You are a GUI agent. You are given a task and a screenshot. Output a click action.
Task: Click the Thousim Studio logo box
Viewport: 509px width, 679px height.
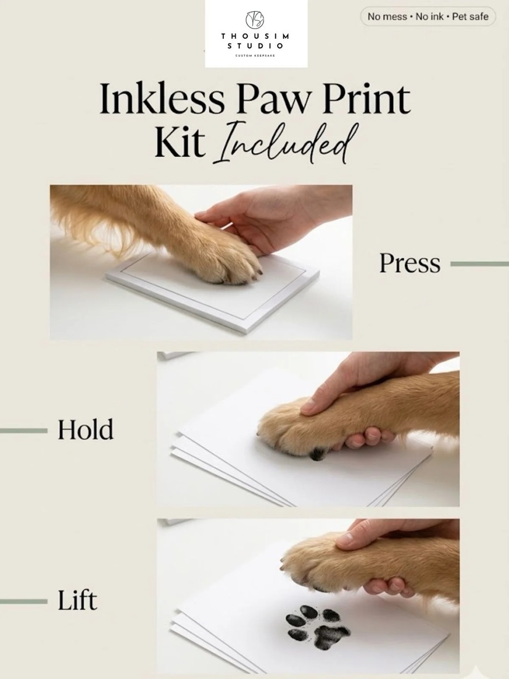pyautogui.click(x=256, y=34)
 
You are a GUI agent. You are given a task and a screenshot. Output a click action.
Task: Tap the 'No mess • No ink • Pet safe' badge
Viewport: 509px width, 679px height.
pyautogui.click(x=428, y=17)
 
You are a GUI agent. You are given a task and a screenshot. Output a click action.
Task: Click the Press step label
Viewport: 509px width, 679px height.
pyautogui.click(x=410, y=264)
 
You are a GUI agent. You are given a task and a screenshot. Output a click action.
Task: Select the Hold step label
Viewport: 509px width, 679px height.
pyautogui.click(x=86, y=430)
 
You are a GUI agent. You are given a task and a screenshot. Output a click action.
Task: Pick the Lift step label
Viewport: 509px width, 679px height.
pyautogui.click(x=78, y=600)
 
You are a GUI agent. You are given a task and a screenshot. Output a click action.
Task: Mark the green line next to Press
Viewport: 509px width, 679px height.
pyautogui.click(x=479, y=264)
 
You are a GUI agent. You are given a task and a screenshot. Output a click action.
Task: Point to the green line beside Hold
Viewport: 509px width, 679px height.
pyautogui.click(x=23, y=430)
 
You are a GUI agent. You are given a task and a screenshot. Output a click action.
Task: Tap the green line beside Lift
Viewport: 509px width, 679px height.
pyautogui.click(x=23, y=601)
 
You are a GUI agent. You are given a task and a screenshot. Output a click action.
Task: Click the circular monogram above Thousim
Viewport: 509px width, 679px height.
pyautogui.click(x=255, y=19)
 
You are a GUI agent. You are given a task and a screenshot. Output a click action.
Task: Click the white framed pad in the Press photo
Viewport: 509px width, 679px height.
pyautogui.click(x=212, y=291)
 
